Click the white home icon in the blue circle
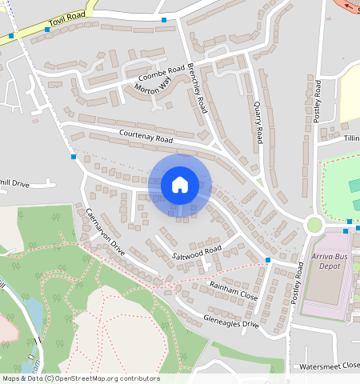pos(179,185)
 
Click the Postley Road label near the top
pos(317,101)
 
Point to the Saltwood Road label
pos(197,251)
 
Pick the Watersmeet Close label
pos(329,366)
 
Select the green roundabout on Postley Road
pos(313,226)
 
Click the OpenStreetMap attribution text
pos(81,378)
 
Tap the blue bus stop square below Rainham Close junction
pos(268,261)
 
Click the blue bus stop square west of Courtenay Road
pos(74,157)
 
